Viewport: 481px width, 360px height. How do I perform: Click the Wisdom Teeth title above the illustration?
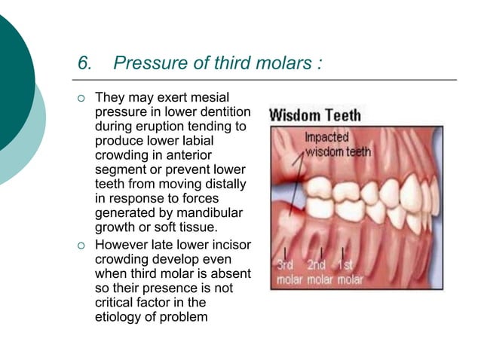316,116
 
